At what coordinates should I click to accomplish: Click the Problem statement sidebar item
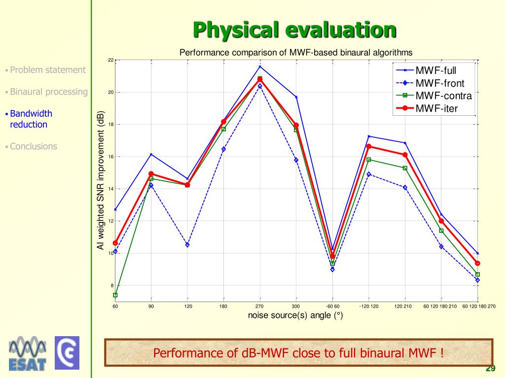point(47,70)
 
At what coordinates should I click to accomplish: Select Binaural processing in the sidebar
point(48,92)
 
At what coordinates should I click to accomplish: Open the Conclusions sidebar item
point(33,146)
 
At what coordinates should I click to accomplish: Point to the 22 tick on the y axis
point(111,60)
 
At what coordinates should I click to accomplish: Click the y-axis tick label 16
point(111,157)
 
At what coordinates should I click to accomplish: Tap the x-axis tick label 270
point(259,307)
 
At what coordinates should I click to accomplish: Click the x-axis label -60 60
point(333,307)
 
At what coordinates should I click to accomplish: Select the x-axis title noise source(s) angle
point(295,315)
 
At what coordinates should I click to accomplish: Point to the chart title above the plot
point(295,52)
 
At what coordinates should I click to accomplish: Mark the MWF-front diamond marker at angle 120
point(187,245)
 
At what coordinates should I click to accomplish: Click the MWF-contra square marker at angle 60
point(115,295)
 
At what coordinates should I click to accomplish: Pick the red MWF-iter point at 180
point(223,122)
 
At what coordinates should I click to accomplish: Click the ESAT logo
point(28,354)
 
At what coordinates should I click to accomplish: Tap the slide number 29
point(490,369)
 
